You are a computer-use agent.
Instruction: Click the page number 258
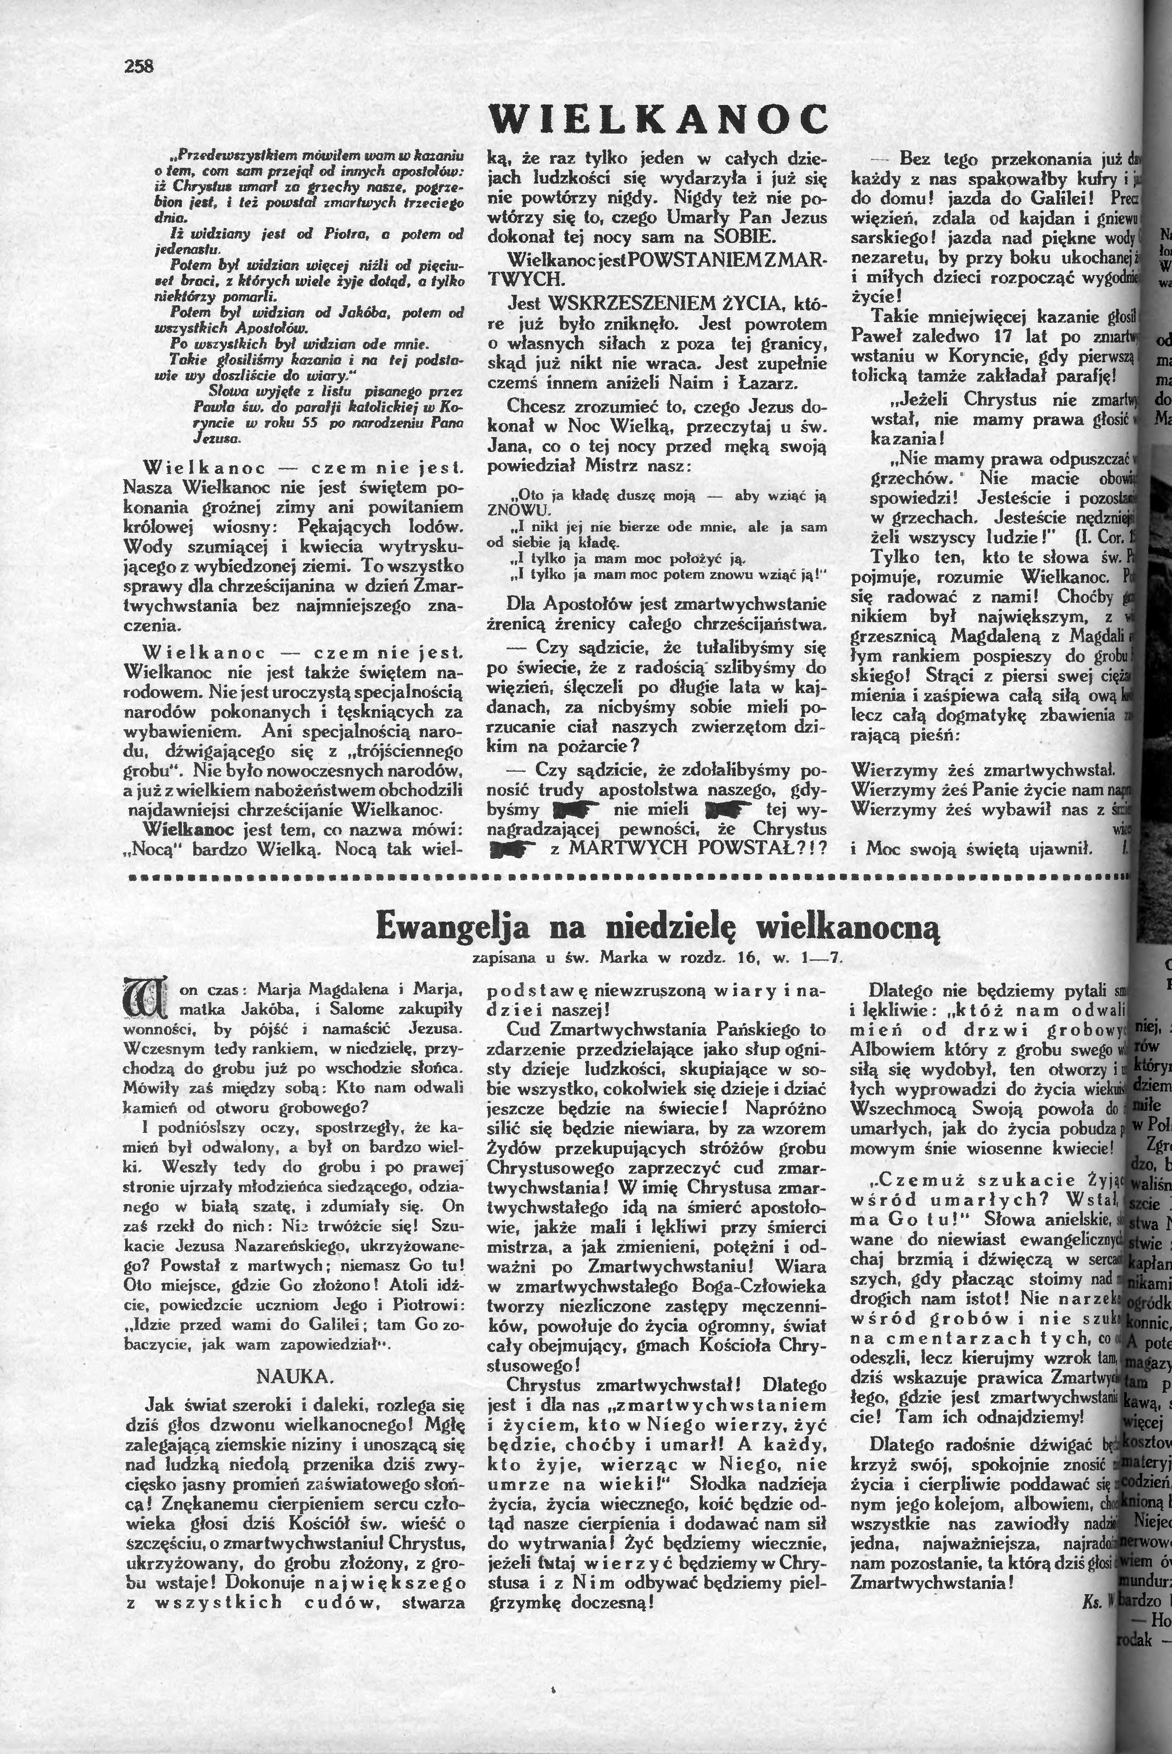click(x=138, y=66)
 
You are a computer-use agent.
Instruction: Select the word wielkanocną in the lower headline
click(x=848, y=927)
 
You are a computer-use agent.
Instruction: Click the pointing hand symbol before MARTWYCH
click(x=512, y=849)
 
